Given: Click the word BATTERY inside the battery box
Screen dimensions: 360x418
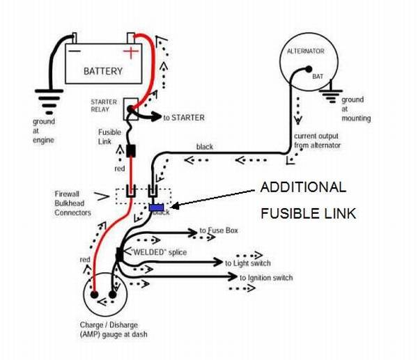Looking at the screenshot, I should (x=103, y=71).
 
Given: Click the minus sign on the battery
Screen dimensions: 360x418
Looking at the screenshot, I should (x=73, y=51).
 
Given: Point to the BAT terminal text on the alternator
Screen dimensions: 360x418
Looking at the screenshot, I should (x=318, y=75).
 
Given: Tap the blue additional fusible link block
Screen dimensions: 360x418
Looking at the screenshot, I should (x=157, y=208).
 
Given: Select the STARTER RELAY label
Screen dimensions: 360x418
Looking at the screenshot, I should (x=104, y=106).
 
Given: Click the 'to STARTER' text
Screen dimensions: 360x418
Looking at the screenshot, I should (x=184, y=118).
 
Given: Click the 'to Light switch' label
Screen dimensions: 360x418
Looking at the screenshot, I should (x=247, y=263).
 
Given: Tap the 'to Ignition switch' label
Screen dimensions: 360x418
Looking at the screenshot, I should (x=265, y=278).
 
